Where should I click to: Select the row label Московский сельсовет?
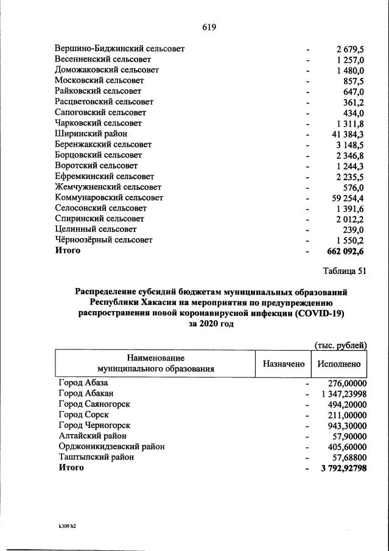pos(99,80)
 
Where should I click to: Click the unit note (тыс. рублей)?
pos(340,345)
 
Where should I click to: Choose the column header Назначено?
pos(283,364)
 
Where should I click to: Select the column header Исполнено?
pos(339,364)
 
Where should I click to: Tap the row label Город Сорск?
pos(83,415)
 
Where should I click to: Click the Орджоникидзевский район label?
pos(111,446)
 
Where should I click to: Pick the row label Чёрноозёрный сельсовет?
pos(103,240)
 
